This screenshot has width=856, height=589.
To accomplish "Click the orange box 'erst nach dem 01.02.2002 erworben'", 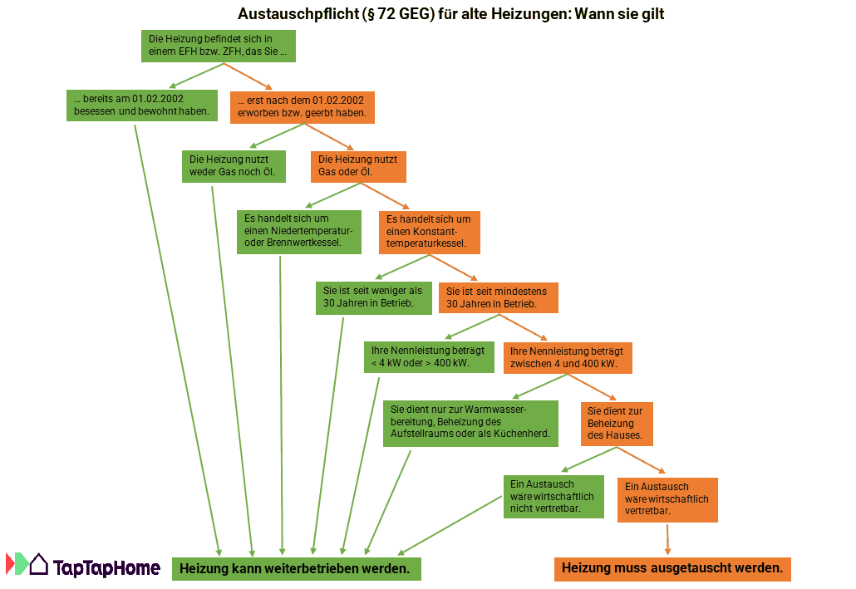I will click(302, 106).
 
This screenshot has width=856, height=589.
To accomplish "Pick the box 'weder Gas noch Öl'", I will click(234, 166).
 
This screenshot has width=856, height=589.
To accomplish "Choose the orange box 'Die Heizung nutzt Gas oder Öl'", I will click(358, 166).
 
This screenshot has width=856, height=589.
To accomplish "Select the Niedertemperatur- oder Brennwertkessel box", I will click(299, 232).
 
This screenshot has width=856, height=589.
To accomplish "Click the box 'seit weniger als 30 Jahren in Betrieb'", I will click(373, 297).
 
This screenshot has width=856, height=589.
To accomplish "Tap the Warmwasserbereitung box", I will click(470, 423).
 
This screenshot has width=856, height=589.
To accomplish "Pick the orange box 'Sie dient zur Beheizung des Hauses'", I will click(617, 423).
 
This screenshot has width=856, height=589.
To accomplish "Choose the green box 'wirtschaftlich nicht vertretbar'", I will click(553, 496).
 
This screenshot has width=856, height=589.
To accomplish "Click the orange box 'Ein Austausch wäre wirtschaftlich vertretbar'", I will click(667, 498).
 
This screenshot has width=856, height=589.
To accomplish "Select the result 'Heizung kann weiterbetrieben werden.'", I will click(296, 569).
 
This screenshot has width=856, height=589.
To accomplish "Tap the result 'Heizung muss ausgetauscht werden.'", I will click(672, 569).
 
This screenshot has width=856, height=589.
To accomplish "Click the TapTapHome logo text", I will click(106, 568).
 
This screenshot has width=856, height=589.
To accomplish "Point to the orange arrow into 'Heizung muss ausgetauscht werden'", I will click(667, 539).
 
